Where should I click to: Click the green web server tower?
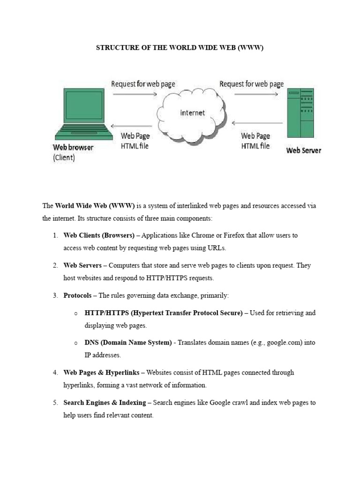[300, 114]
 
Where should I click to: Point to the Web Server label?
[304, 150]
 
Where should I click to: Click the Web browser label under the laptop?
[73, 147]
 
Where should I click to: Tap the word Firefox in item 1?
[218, 235]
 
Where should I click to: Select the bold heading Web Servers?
[82, 265]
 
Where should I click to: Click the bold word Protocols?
[77, 295]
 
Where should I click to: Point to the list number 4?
[55, 373]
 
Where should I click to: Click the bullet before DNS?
[75, 343]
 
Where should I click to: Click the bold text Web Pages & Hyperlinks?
[101, 373]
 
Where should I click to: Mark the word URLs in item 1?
[222, 248]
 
